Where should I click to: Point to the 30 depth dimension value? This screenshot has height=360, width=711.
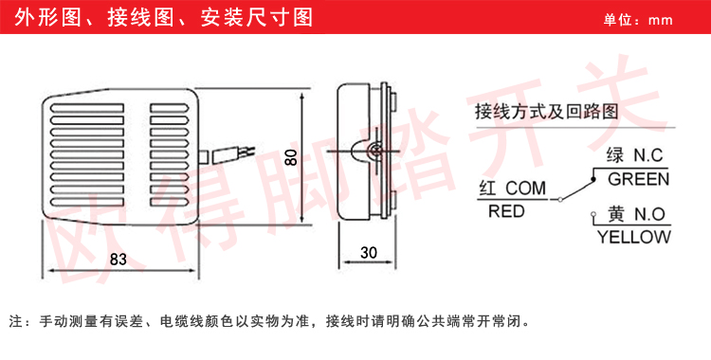pyautogui.click(x=371, y=253)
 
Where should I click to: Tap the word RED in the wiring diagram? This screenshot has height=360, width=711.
pyautogui.click(x=506, y=211)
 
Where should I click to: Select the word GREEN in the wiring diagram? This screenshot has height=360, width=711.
pyautogui.click(x=639, y=178)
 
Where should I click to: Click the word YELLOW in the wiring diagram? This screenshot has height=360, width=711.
pyautogui.click(x=634, y=238)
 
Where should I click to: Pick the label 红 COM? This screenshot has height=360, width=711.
pyautogui.click(x=513, y=189)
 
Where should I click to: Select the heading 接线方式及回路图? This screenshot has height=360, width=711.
pyautogui.click(x=547, y=111)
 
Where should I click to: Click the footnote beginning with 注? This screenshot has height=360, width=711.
pyautogui.click(x=275, y=320)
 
